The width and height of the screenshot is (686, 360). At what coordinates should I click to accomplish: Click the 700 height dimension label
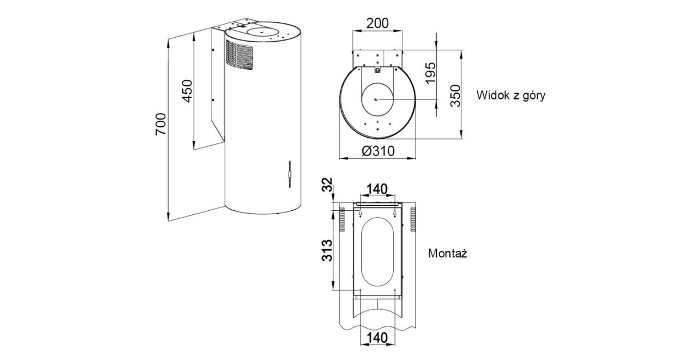point(161,124)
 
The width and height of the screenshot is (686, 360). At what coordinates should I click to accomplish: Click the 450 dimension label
point(187,91)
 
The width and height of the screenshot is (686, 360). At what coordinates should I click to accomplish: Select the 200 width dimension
point(377,23)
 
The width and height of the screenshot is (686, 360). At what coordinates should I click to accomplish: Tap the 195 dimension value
point(430,73)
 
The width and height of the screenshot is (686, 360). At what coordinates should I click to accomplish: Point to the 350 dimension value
point(456,96)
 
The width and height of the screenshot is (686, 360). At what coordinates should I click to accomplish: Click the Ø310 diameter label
point(378,151)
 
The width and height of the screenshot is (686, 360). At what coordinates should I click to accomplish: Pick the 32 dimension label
point(327,185)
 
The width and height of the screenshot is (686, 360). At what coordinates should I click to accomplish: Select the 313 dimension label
point(327,250)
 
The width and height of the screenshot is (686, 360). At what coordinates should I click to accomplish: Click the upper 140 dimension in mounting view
point(377,189)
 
